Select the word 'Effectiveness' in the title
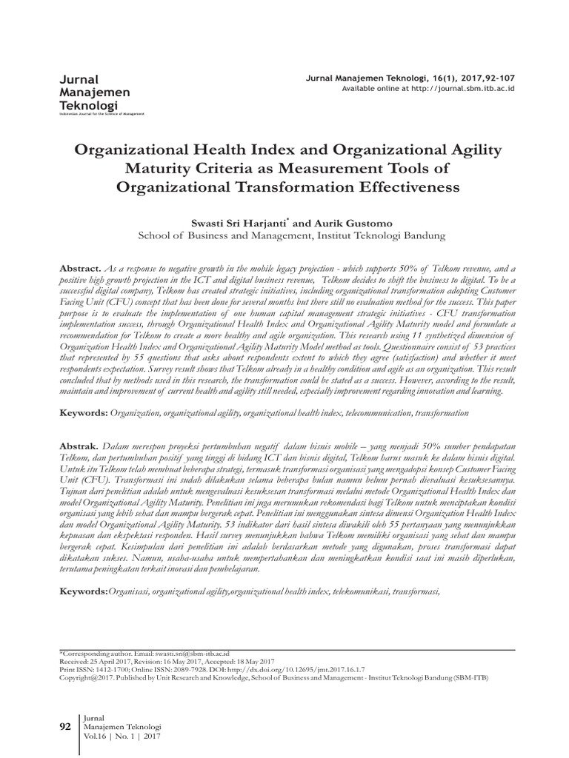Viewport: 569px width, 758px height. tap(408, 187)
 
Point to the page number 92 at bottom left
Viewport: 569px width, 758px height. tap(64, 727)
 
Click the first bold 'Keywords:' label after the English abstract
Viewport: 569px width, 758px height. tap(83, 409)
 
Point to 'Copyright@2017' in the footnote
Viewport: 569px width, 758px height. tap(84, 674)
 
